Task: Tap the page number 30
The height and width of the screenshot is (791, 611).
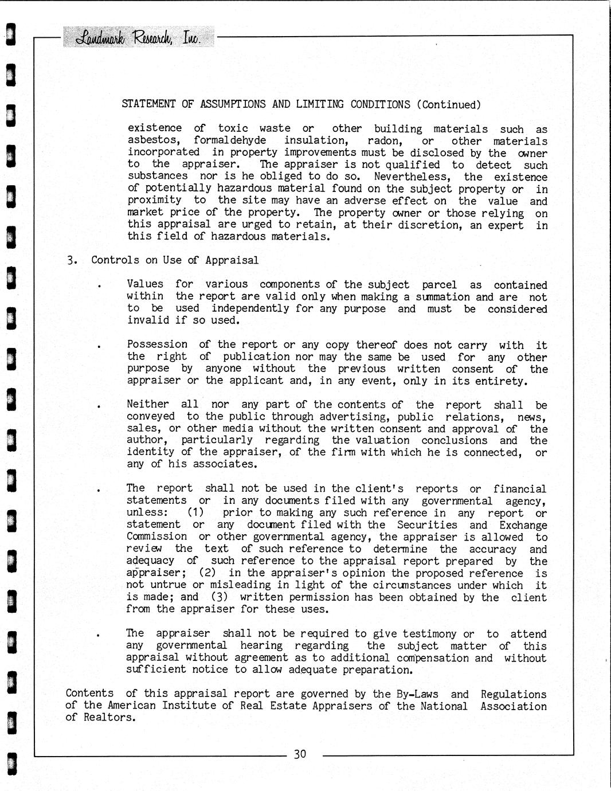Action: coord(300,754)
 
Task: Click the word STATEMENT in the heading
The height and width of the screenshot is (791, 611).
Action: coord(149,104)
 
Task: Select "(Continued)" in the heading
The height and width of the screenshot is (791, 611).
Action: coord(448,104)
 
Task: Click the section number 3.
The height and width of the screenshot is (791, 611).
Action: coord(72,260)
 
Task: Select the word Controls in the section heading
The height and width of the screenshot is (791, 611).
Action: coord(115,260)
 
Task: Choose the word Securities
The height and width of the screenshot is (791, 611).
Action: coord(427,525)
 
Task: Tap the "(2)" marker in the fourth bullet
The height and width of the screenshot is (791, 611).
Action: coord(207,573)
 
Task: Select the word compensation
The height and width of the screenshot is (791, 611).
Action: coord(433,658)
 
